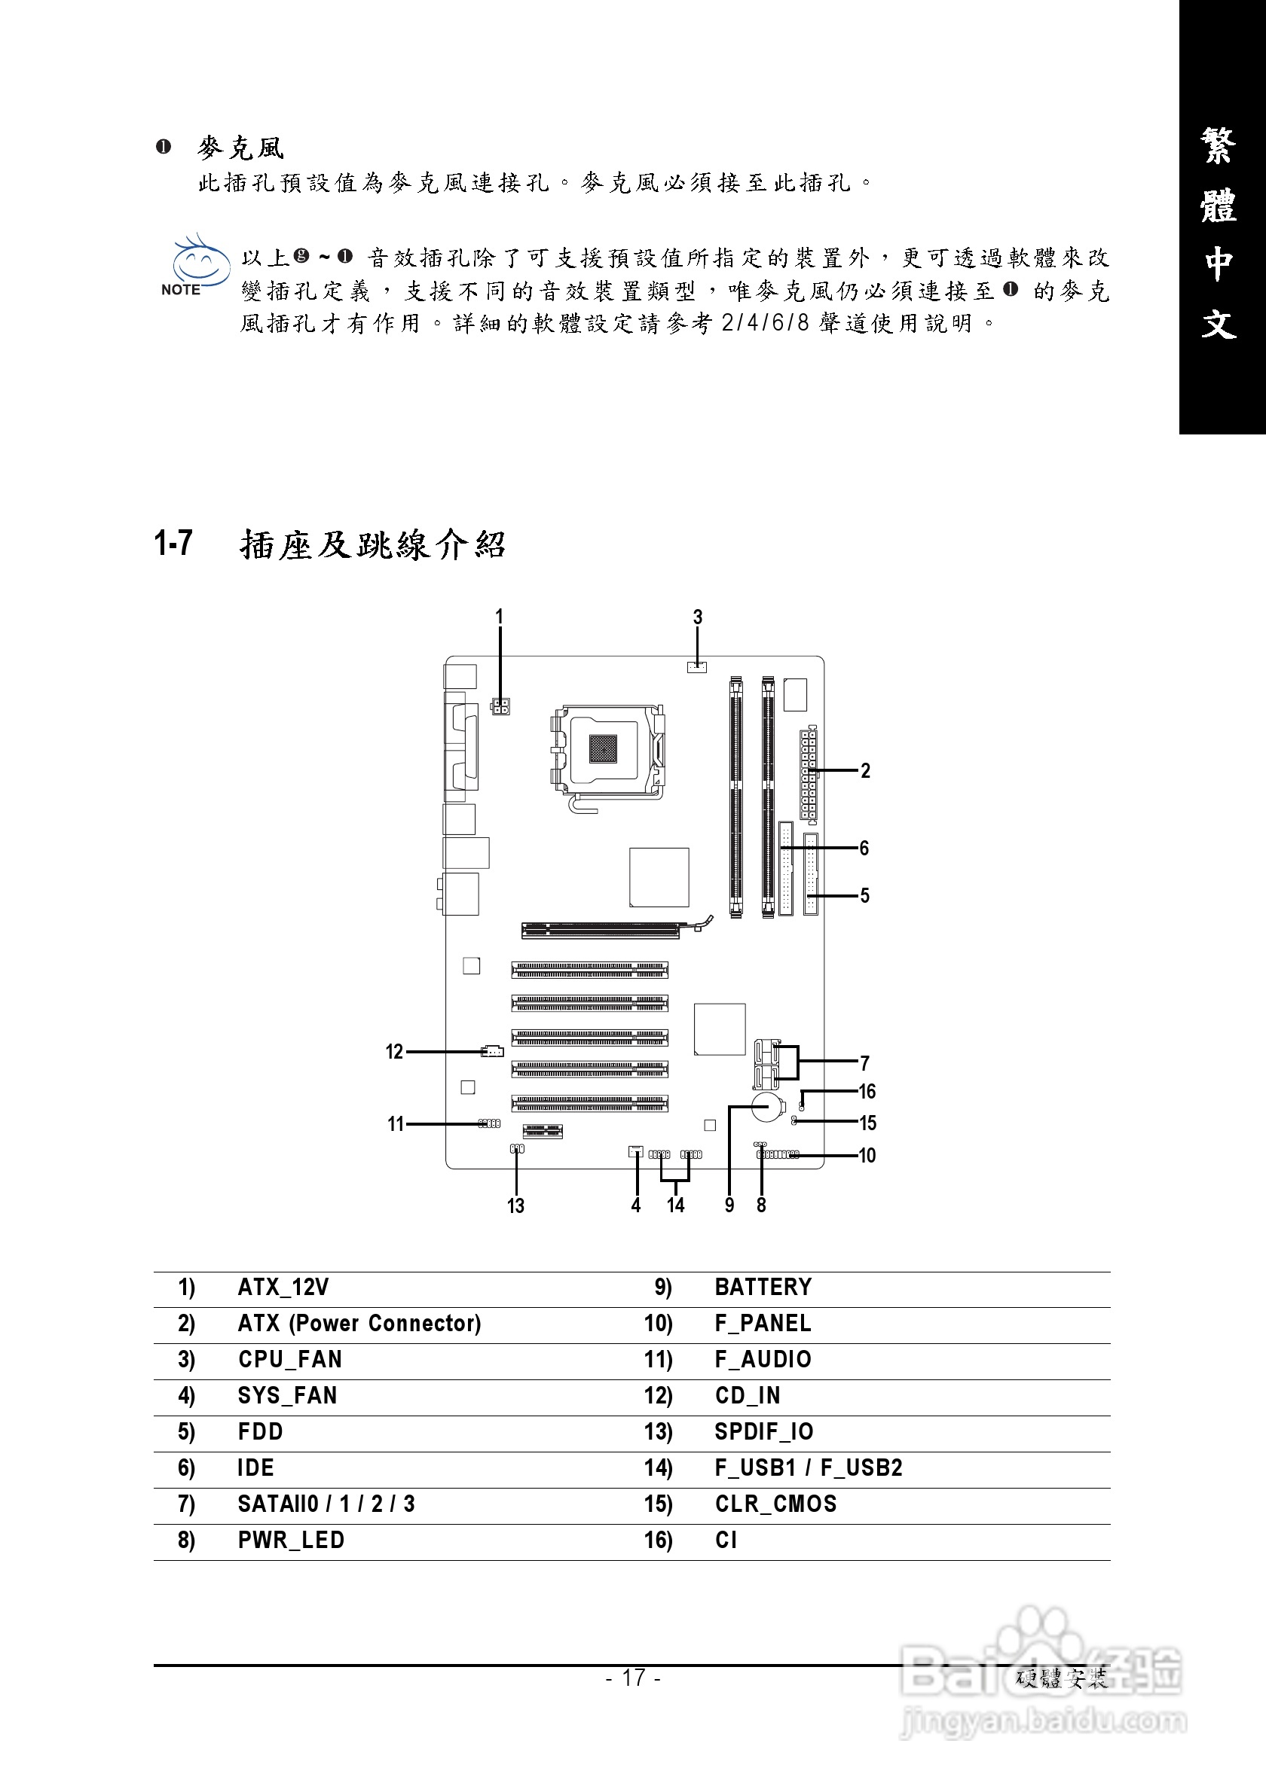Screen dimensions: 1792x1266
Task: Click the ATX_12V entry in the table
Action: click(283, 1287)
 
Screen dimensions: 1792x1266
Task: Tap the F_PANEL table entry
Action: click(763, 1323)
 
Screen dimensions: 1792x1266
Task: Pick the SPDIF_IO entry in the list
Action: click(763, 1431)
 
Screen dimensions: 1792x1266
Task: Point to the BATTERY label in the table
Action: click(763, 1287)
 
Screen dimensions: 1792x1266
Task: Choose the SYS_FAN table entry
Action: click(286, 1395)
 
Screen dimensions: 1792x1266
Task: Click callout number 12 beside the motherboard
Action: click(394, 1052)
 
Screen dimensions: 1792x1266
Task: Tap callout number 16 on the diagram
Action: click(867, 1091)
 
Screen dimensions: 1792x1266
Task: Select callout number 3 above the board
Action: click(698, 617)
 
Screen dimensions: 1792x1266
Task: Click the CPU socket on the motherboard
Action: click(607, 750)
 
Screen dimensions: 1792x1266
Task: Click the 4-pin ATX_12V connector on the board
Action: click(500, 707)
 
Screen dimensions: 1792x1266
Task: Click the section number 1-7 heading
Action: click(173, 544)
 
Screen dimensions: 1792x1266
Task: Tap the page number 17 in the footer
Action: click(634, 1678)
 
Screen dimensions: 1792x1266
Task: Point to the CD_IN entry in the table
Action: click(747, 1395)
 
